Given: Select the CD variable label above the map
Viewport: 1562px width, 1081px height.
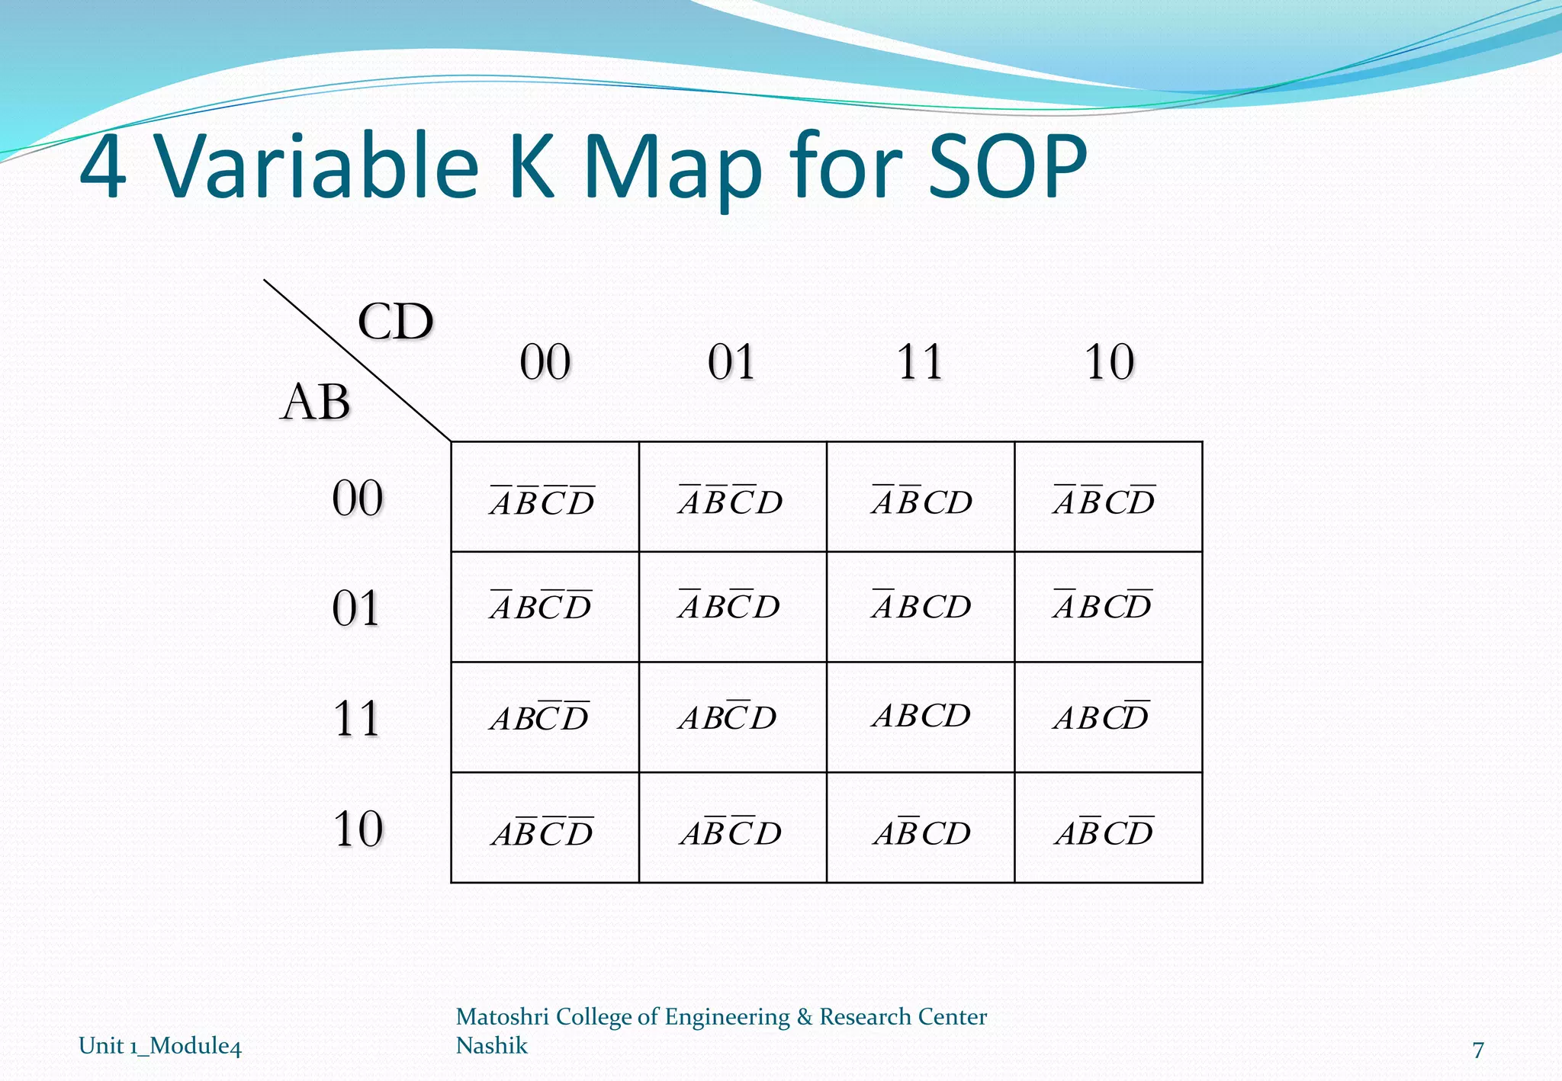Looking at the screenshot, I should point(395,322).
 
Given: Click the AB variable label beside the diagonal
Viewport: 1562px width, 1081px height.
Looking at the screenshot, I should point(315,402).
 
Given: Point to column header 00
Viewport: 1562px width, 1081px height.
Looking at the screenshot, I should point(545,362).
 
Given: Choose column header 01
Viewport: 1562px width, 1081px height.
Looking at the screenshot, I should point(731,362).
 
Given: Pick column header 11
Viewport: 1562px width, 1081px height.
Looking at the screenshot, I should point(920,362).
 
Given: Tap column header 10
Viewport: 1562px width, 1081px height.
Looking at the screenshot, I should point(1109,362).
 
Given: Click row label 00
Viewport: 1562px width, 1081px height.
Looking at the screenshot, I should point(357,499).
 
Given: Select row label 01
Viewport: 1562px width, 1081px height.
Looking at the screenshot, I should point(356,608).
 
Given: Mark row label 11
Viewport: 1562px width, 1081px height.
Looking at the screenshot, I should point(356,718).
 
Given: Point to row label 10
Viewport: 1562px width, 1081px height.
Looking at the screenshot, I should point(358,829).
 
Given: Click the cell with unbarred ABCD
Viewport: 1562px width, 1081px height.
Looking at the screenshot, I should point(921,717).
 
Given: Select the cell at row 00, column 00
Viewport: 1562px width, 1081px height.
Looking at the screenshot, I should point(545,497).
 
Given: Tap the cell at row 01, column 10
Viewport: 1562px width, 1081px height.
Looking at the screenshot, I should point(1108,607).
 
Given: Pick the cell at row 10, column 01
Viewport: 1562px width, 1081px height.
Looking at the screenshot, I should point(732,828).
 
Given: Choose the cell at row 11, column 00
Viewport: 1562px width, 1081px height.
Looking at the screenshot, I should point(545,717).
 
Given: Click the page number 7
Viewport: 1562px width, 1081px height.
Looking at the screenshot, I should point(1477,1051).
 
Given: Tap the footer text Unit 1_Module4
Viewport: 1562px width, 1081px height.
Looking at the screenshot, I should point(160,1045).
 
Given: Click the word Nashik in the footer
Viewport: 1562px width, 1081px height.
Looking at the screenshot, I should point(491,1045).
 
